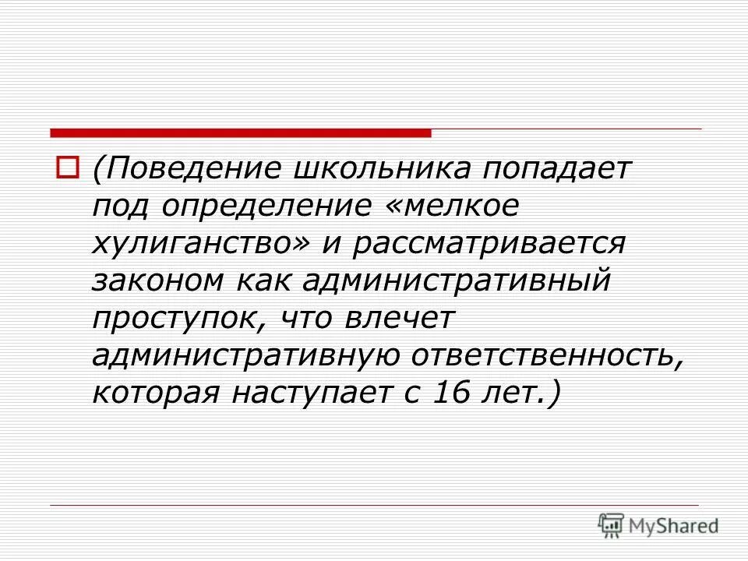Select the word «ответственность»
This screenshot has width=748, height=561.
[x=550, y=355]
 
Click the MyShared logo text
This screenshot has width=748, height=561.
[x=673, y=526]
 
